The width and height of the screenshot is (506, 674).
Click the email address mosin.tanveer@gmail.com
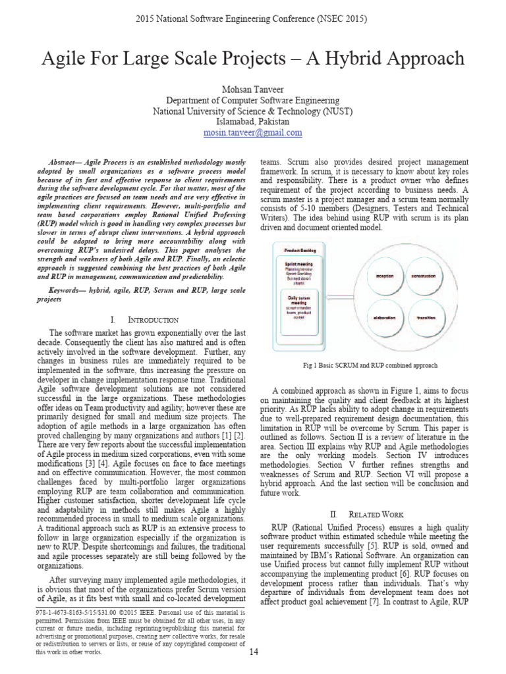pyautogui.click(x=252, y=132)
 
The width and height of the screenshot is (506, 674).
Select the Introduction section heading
pyautogui.click(x=147, y=320)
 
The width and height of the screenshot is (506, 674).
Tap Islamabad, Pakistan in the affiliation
pyautogui.click(x=252, y=122)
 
